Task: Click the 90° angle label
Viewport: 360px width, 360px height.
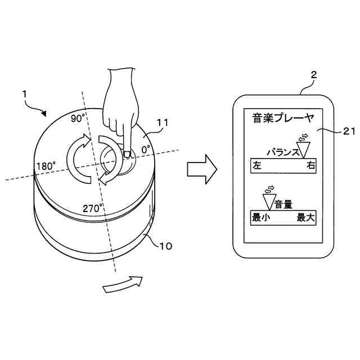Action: [78, 119]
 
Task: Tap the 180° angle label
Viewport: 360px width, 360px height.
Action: [46, 166]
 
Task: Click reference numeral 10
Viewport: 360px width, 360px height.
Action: [166, 246]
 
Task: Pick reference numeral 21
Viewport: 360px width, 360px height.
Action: [350, 130]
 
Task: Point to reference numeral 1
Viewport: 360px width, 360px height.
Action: [25, 96]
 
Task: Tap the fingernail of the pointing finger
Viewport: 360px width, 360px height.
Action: [127, 153]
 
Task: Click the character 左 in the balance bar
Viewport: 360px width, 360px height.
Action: [258, 166]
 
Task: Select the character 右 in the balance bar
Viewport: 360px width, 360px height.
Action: [310, 166]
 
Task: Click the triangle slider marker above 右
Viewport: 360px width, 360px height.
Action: [304, 148]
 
